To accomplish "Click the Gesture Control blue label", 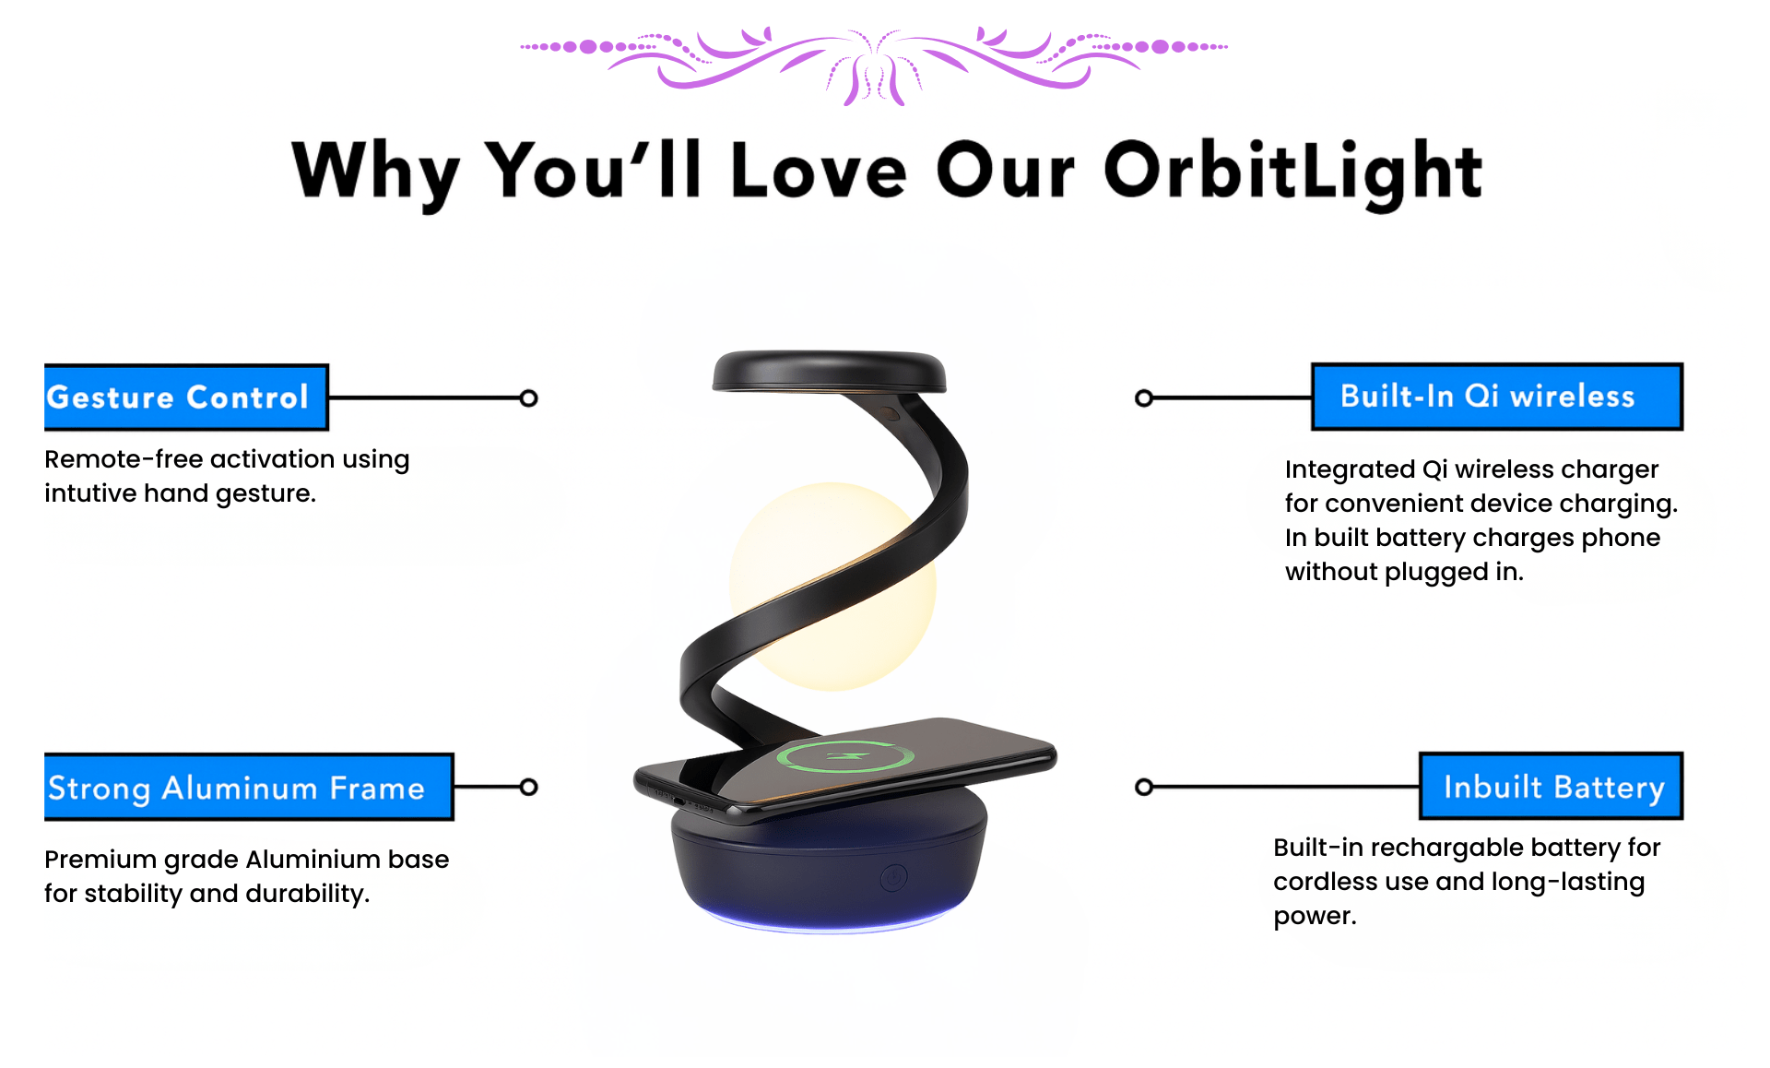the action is point(186,398).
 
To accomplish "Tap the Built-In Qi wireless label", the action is point(1497,397).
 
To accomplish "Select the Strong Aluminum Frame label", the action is point(249,787).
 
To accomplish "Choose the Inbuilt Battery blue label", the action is point(1551,786).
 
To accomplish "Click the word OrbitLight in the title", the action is point(1292,173).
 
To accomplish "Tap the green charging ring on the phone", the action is point(845,757).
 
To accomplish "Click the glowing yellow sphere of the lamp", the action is point(832,587).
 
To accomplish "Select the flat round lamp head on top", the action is point(829,371).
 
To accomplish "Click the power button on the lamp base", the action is point(893,878).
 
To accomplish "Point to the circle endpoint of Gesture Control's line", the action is point(528,398).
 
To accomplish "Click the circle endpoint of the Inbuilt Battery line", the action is point(1144,787).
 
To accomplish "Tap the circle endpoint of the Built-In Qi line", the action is point(1144,398).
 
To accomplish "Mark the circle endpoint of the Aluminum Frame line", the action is point(528,787).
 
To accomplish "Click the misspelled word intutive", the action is point(90,493).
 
